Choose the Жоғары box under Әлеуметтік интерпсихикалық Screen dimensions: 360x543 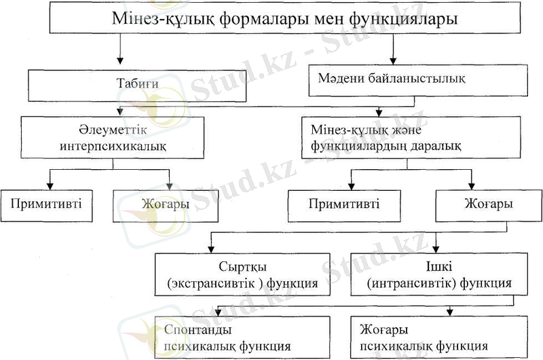click(x=165, y=204)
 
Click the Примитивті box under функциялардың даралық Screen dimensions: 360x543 click(x=343, y=204)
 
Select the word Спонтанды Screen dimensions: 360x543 click(x=199, y=330)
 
